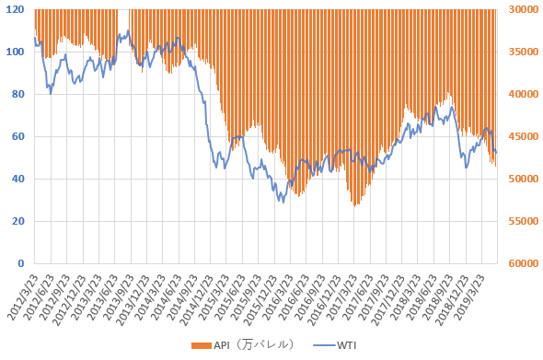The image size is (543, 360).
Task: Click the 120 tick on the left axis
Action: click(x=15, y=9)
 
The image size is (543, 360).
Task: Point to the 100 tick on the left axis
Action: click(x=15, y=52)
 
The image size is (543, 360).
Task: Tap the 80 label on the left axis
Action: click(x=17, y=94)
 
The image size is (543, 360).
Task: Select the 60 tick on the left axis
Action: click(x=17, y=136)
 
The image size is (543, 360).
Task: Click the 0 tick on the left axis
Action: click(x=21, y=263)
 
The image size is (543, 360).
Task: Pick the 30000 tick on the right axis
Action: click(x=524, y=9)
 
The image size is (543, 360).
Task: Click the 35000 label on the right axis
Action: click(x=524, y=52)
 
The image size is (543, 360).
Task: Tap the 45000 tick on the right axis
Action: click(x=524, y=136)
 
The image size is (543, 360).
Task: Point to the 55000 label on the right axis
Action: click(x=524, y=221)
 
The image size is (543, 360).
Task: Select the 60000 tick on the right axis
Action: click(x=524, y=263)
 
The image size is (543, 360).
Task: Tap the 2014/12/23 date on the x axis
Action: click(x=197, y=299)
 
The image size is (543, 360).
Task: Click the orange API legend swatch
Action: click(x=202, y=346)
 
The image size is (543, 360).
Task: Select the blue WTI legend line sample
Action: click(x=324, y=345)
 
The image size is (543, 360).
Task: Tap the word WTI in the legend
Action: click(x=347, y=345)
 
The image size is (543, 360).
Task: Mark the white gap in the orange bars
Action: click(x=123, y=21)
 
